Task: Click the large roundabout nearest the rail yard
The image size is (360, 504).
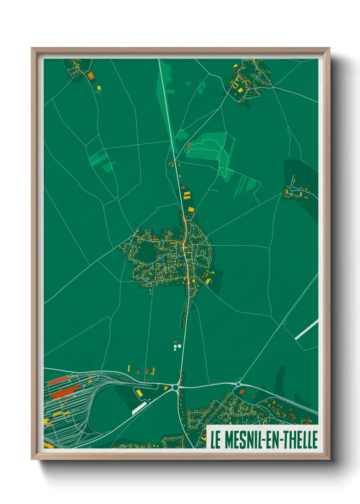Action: coord(176,387)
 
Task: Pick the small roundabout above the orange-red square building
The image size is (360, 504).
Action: coord(238,384)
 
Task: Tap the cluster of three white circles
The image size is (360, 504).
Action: coord(177,347)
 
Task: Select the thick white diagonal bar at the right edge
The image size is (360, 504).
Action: coord(307,329)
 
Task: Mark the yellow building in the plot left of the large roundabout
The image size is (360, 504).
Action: coord(140,393)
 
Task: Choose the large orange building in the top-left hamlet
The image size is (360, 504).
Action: coord(91,75)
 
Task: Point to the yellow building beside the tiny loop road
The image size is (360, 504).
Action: coord(99,88)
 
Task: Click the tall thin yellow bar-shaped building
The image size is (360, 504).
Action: coord(129,368)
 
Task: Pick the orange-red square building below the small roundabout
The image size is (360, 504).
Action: coord(242,392)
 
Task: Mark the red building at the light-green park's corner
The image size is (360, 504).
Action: coord(189,145)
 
